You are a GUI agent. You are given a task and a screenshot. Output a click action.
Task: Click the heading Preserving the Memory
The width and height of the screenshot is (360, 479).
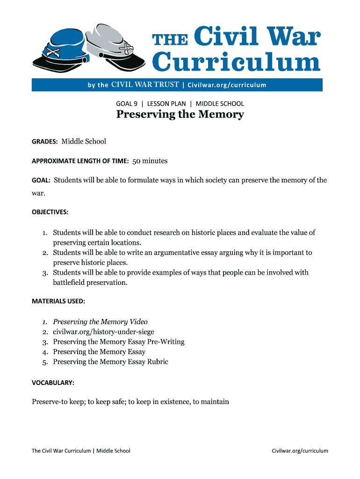[x=180, y=115]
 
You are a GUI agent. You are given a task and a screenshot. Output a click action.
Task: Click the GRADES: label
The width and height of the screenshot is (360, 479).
[x=45, y=141]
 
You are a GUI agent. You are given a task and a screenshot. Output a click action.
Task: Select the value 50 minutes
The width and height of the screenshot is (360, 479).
[x=150, y=161]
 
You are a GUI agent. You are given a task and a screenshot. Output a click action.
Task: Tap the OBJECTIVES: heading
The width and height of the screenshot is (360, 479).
[x=50, y=212]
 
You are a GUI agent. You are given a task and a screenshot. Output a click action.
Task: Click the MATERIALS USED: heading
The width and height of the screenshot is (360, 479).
[x=58, y=301]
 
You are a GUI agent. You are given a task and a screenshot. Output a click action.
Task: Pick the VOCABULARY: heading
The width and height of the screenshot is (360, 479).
[x=53, y=382]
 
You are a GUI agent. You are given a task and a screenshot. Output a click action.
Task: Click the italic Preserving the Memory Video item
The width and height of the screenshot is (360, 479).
[x=100, y=322]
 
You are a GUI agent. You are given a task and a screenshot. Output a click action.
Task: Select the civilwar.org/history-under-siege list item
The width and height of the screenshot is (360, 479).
[x=103, y=332]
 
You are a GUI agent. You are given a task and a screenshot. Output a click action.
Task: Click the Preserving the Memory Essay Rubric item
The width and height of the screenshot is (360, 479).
[x=110, y=362]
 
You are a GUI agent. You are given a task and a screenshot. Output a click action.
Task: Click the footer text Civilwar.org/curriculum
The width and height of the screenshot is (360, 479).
[x=300, y=451]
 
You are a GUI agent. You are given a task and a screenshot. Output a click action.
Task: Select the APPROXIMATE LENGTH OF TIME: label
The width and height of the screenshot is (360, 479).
[x=80, y=161]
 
